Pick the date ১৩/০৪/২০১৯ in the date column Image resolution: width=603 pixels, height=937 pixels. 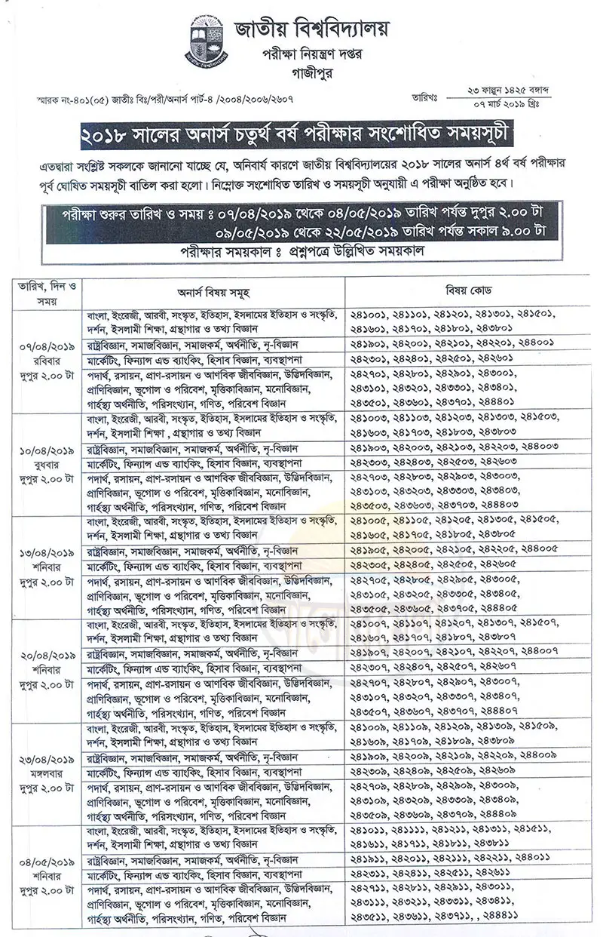[47, 554]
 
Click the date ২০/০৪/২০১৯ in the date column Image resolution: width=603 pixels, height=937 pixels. [47, 656]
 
